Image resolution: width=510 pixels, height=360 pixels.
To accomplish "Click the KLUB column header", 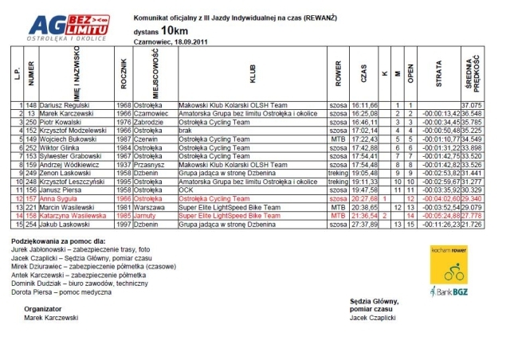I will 253,79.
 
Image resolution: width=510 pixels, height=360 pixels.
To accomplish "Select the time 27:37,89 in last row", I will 363,225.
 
